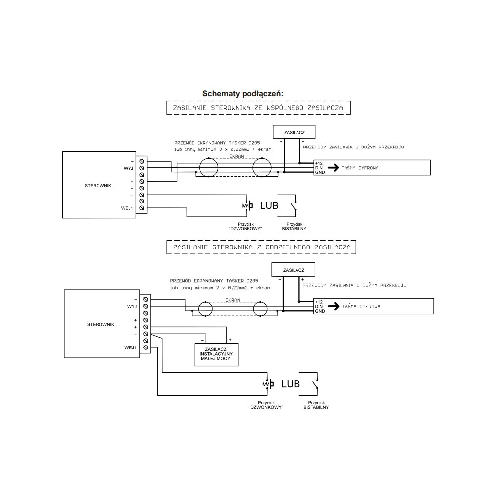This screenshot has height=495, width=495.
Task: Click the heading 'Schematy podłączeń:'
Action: coord(243,94)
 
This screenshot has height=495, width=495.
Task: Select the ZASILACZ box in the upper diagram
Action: coord(294,132)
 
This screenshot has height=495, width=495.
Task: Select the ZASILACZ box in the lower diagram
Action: coord(293,270)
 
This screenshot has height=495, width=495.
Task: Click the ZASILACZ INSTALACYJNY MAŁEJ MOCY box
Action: coord(216,354)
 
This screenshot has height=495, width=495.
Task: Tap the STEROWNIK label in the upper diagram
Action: coord(98,186)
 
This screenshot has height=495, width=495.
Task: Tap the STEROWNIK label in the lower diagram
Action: coord(100,325)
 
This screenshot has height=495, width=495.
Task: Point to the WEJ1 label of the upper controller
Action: coord(127,208)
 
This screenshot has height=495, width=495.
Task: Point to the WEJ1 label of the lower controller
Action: coord(130,348)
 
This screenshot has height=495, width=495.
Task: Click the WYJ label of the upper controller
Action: coord(128,169)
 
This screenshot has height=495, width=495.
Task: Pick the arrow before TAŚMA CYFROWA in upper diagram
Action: coord(333,168)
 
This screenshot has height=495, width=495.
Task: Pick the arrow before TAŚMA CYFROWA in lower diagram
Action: coord(333,306)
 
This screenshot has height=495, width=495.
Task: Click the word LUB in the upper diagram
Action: coord(269,206)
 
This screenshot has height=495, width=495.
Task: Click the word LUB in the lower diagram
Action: coord(291,384)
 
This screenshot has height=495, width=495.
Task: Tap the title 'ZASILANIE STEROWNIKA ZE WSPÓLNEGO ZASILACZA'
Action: coord(258,108)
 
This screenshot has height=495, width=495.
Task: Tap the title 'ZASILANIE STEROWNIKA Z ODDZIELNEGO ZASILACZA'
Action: coord(262,247)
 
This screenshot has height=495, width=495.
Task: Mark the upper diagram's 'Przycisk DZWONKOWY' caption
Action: coord(246,226)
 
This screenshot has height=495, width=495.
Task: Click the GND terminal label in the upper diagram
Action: coord(320,172)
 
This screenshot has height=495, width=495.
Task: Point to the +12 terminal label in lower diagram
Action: coord(319,302)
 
